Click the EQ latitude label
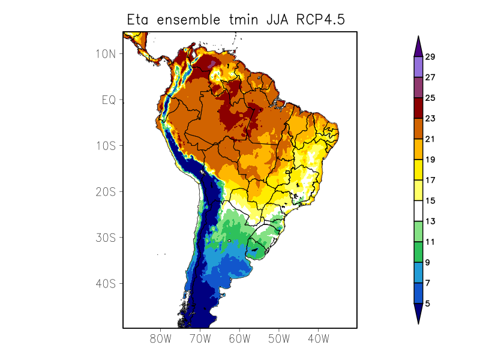(x=109, y=100)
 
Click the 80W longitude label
(x=161, y=338)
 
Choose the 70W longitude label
(x=200, y=338)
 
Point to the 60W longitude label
(x=239, y=338)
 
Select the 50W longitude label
(x=279, y=338)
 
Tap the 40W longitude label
(x=318, y=338)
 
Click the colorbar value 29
(x=430, y=57)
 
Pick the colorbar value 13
(x=430, y=221)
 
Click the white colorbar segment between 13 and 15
(x=418, y=211)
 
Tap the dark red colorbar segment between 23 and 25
(x=418, y=109)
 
